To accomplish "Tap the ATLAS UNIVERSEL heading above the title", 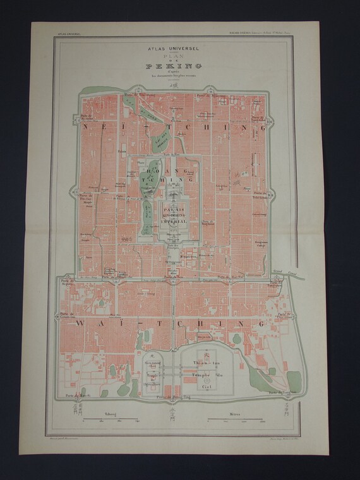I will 174,48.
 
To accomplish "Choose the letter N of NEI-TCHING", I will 87,126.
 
